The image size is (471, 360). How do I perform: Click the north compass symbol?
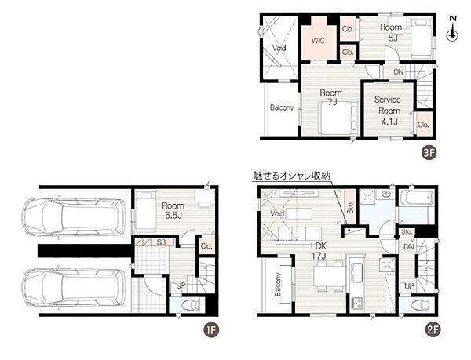click(x=452, y=29)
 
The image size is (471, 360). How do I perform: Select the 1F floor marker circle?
click(x=211, y=330)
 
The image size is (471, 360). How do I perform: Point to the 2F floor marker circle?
click(x=433, y=330)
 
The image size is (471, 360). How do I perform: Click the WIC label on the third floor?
click(x=318, y=41)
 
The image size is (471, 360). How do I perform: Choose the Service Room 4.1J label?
click(x=388, y=111)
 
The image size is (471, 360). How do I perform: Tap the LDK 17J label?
click(x=319, y=251)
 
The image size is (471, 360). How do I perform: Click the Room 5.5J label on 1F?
click(x=173, y=211)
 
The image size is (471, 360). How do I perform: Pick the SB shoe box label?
click(x=161, y=242)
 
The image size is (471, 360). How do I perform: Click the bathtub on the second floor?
click(x=418, y=198)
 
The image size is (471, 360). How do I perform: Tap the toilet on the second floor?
click(x=422, y=305)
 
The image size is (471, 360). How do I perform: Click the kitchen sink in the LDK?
click(x=357, y=273)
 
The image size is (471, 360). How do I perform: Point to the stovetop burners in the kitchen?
click(x=357, y=303)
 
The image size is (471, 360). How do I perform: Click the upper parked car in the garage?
click(x=75, y=217)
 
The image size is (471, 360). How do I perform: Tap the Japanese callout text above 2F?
click(x=292, y=176)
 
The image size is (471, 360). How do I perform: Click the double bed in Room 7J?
click(x=338, y=118)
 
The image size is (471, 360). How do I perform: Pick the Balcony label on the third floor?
click(x=282, y=107)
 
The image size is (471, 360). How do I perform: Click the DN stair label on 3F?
click(x=398, y=72)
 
